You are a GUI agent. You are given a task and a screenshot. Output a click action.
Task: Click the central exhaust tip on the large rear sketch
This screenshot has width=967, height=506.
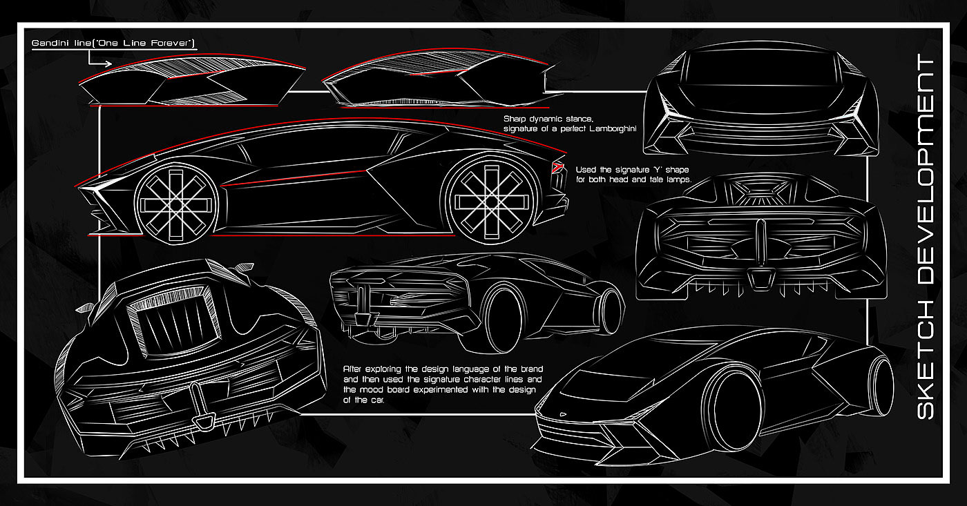tap(203, 421)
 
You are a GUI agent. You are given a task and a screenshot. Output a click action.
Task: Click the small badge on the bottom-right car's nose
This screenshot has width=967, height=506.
tap(562, 414)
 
